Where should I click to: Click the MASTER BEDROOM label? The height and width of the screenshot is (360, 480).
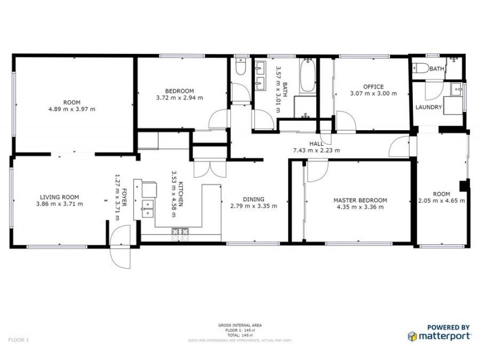tap(360, 200)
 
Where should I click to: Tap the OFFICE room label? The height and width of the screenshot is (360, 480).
tap(373, 86)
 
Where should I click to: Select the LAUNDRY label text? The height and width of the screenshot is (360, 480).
tap(428, 107)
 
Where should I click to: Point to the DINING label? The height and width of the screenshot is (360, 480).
tap(253, 199)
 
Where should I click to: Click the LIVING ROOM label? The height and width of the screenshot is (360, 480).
tap(59, 197)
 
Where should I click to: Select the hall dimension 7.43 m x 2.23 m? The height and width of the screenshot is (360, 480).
tap(316, 151)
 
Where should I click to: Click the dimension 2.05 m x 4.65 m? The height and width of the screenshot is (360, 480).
tap(442, 201)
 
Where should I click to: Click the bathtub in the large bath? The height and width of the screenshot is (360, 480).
tap(308, 76)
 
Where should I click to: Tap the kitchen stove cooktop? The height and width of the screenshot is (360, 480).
tap(180, 232)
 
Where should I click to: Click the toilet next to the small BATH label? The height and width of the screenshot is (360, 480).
tap(421, 68)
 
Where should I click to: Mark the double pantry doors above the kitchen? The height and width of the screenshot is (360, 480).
tap(205, 167)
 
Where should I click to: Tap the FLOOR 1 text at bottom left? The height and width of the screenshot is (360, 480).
tap(19, 340)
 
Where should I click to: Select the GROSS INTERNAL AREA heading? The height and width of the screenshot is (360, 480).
tap(239, 325)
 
